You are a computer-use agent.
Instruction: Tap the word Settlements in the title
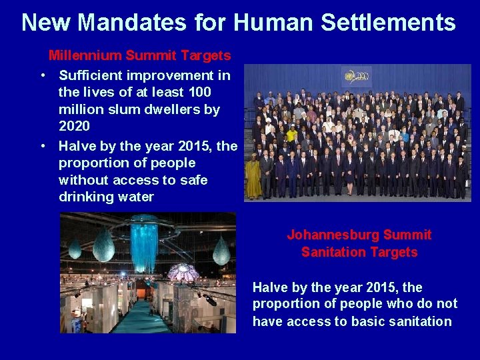click(388, 23)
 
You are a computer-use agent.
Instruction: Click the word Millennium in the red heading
click(82, 55)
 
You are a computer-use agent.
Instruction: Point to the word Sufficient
click(91, 75)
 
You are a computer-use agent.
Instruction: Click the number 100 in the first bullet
click(199, 92)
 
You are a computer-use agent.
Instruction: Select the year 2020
click(74, 126)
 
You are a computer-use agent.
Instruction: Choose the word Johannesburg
click(331, 235)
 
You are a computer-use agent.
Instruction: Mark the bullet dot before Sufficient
click(42, 75)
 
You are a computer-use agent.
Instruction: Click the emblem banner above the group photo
click(357, 76)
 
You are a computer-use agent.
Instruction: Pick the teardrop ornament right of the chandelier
click(221, 251)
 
